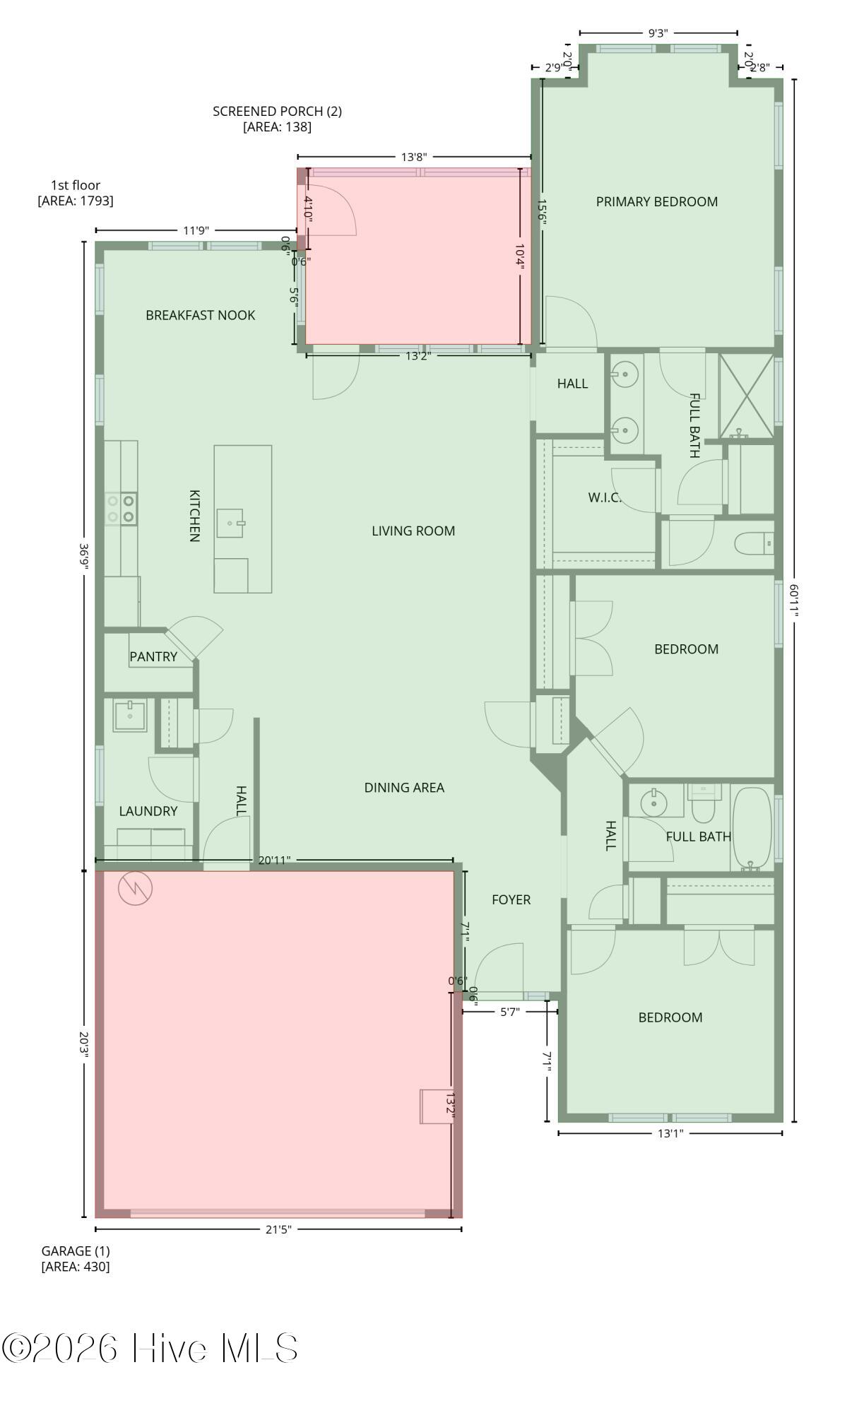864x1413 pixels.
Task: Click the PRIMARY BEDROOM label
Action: click(x=656, y=202)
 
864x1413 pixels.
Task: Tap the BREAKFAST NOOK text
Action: click(x=200, y=315)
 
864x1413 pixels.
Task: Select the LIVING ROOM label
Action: click(x=413, y=531)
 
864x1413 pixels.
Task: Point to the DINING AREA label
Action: click(x=404, y=787)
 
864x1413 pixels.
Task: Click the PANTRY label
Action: click(x=153, y=656)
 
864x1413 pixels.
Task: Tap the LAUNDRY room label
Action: click(x=148, y=811)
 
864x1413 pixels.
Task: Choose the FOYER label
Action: click(x=511, y=899)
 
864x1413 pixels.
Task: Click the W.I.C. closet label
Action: click(x=605, y=497)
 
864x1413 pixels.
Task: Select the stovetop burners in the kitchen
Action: click(x=121, y=509)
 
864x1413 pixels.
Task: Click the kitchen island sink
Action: click(x=230, y=523)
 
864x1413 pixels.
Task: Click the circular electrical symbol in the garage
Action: click(x=135, y=889)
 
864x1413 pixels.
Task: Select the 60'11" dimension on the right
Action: click(x=794, y=600)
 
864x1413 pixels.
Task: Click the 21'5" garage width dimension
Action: click(x=278, y=1229)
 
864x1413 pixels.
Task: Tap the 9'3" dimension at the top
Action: click(x=658, y=32)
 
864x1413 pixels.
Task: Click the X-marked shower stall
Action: click(x=746, y=395)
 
